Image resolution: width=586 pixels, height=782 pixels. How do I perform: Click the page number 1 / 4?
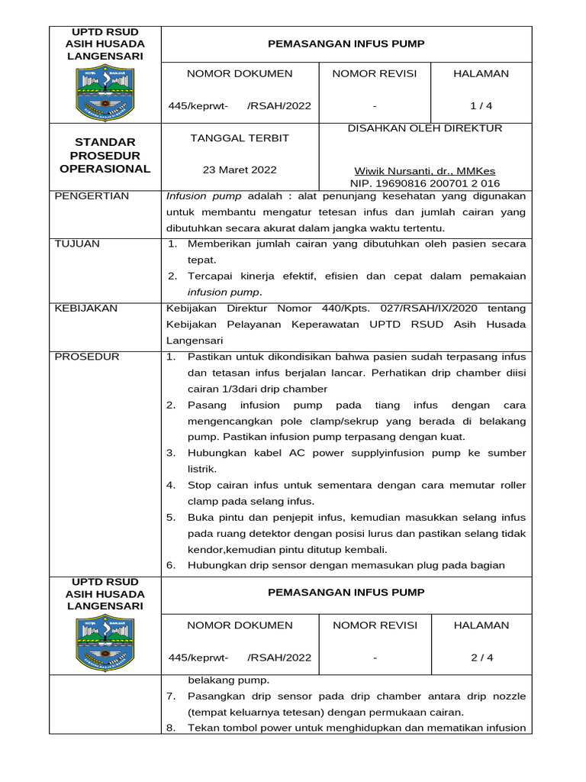click(481, 106)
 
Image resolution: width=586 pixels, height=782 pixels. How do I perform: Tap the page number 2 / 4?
click(481, 658)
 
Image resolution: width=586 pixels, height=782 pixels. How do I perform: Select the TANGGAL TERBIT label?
click(240, 138)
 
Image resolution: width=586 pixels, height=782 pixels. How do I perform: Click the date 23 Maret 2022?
click(240, 170)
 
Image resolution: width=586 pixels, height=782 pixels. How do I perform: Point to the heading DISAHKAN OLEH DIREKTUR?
click(425, 128)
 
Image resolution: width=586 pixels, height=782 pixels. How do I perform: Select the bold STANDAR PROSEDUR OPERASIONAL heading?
click(105, 156)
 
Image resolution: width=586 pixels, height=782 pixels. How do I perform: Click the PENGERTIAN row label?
click(92, 196)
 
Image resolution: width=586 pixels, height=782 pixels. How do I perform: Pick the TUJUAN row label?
click(77, 244)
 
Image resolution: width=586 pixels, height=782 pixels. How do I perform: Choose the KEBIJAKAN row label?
click(86, 309)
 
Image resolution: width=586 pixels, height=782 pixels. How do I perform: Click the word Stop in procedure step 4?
click(200, 485)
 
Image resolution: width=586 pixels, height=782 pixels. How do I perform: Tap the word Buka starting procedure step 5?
click(201, 517)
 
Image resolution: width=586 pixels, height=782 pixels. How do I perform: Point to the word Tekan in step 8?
click(202, 728)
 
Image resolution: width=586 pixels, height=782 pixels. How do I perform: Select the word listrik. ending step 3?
click(202, 468)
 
